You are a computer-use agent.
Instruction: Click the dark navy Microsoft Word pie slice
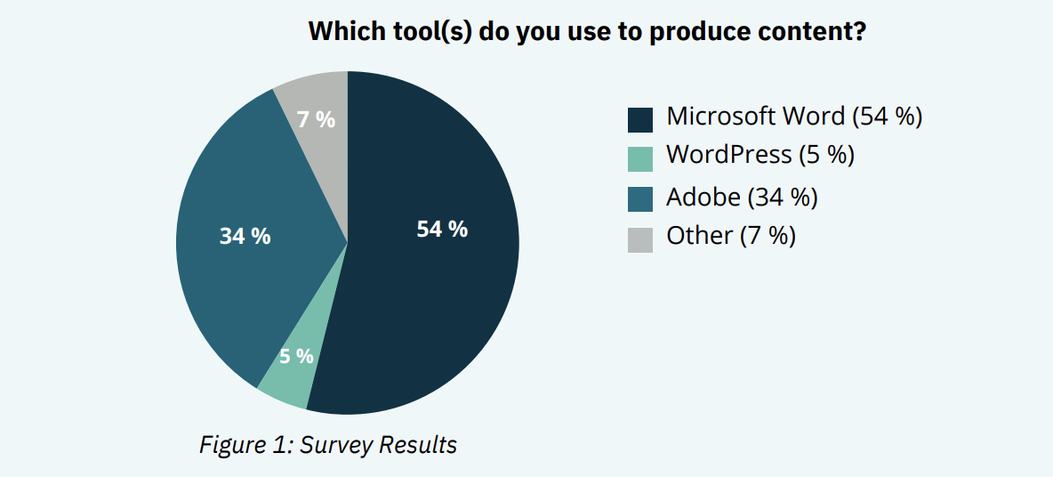430,269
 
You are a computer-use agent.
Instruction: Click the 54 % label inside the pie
442,229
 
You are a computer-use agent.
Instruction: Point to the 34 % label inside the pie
245,236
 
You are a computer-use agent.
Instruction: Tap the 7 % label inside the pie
316,119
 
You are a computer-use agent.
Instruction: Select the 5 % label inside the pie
296,356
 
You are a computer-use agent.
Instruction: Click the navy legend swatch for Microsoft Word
640,119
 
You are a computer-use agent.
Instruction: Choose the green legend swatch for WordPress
640,159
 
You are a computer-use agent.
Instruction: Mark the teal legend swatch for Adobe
640,199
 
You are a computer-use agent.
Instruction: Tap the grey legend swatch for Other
640,240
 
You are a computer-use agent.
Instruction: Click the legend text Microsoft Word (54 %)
794,117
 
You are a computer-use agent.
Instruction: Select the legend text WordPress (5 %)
760,156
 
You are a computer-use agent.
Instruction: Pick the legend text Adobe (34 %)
742,198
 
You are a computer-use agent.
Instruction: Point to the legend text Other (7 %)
731,236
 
